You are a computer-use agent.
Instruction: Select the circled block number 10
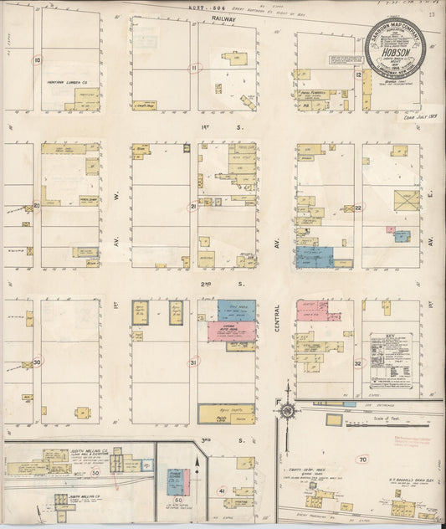tap(36, 60)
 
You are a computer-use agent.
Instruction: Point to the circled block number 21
tap(194, 206)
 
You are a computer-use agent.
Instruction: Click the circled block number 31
tap(193, 362)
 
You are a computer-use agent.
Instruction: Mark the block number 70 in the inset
tap(362, 459)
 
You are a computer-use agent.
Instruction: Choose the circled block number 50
tap(95, 473)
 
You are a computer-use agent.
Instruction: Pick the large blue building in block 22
tap(314, 257)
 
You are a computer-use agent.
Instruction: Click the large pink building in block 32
tap(315, 311)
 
